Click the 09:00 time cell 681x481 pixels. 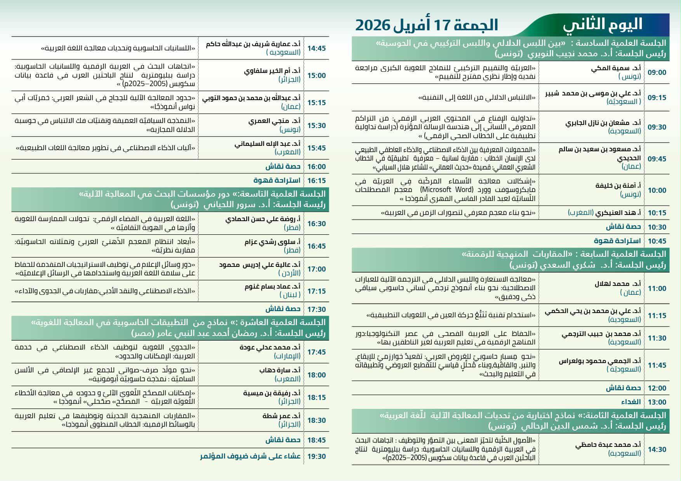[657, 73]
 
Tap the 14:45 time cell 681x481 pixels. [316, 48]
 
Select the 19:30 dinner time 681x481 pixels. [316, 457]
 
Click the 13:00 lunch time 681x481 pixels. [657, 402]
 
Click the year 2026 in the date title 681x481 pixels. [372, 25]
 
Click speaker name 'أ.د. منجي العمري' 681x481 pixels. [274, 121]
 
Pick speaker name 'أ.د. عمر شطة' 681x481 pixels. [281, 416]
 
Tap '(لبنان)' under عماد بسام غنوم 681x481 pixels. [290, 295]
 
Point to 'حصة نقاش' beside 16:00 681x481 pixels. [283, 167]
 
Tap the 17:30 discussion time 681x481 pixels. [316, 309]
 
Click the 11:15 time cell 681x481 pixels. [657, 316]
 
